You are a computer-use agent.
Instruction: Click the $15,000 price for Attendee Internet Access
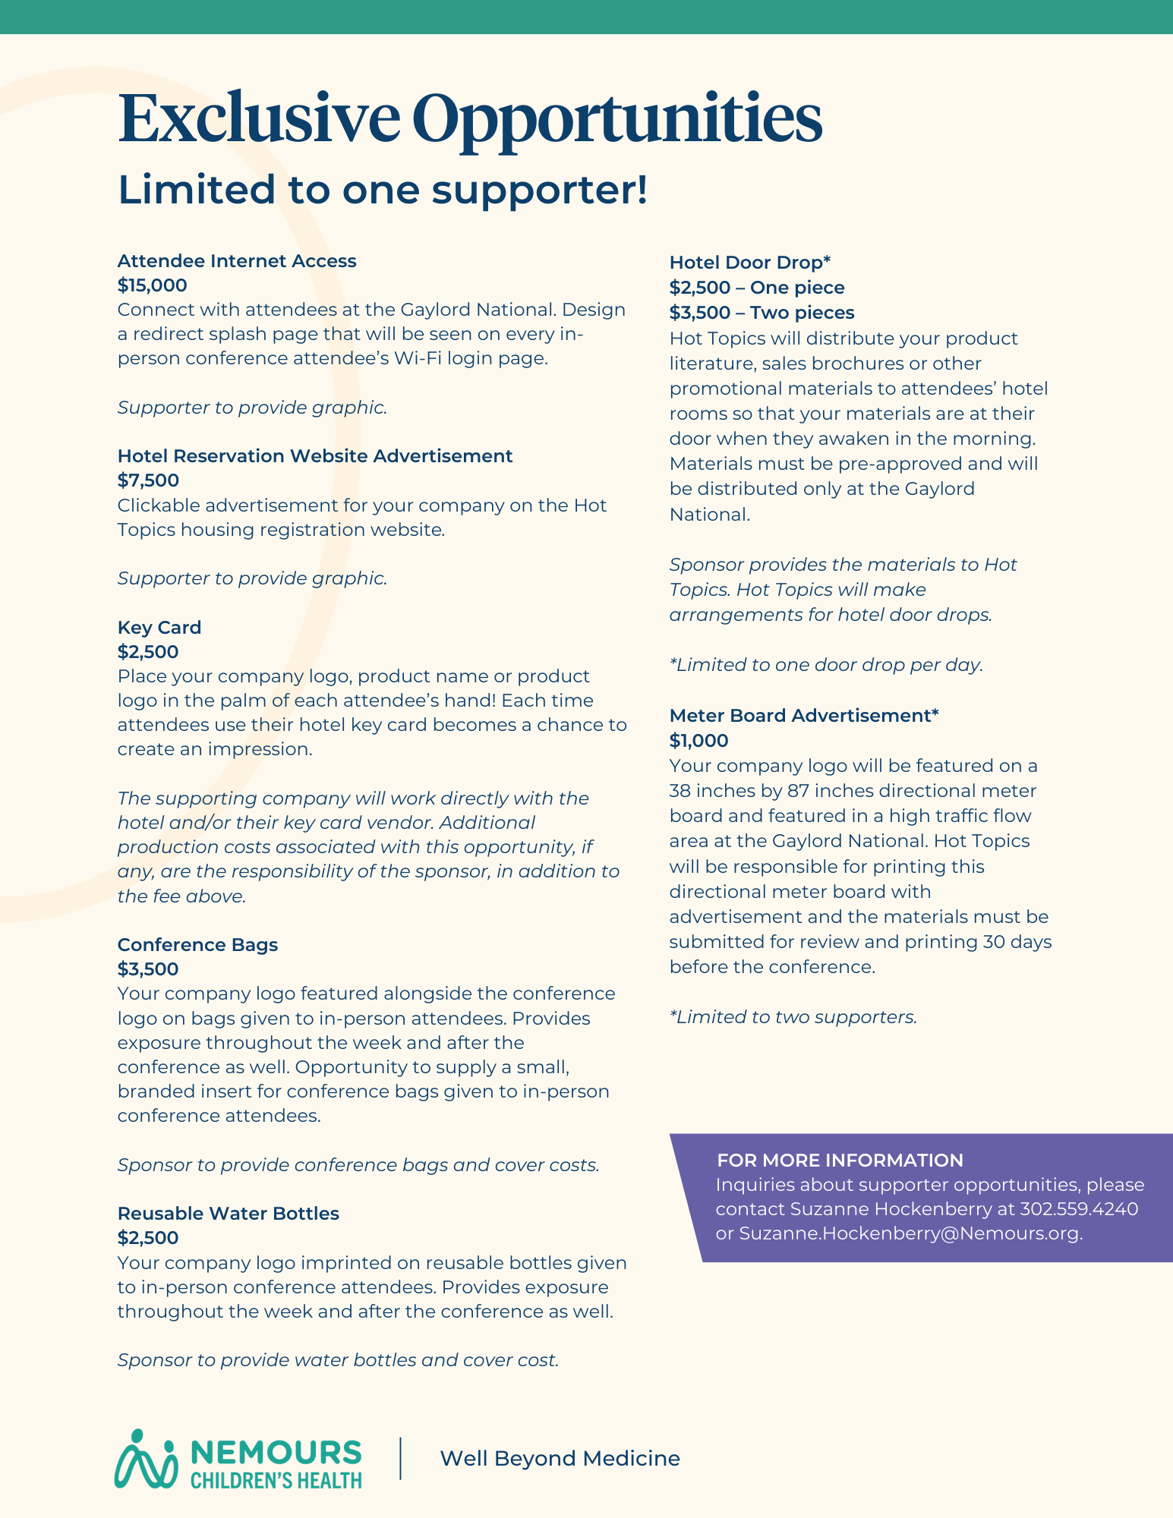tap(152, 285)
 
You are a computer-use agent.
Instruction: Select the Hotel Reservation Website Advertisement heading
tap(315, 456)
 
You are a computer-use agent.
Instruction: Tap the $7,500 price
tap(148, 480)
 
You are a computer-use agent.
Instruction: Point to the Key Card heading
tap(159, 628)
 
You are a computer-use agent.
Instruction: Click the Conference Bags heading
tap(197, 945)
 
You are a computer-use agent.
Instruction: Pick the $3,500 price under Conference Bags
tap(148, 969)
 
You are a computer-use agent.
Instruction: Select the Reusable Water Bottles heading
tap(228, 1214)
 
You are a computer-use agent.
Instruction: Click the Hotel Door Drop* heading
tap(750, 263)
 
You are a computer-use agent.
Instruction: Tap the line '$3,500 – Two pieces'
tap(762, 313)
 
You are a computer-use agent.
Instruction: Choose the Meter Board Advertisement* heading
tap(804, 716)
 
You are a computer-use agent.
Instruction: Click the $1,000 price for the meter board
tap(698, 741)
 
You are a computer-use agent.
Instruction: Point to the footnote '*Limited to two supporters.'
tap(793, 1017)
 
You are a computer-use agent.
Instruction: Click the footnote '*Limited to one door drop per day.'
tap(826, 665)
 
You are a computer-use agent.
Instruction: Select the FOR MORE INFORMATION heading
tap(840, 1161)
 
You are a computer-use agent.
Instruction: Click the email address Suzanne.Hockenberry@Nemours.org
tap(910, 1233)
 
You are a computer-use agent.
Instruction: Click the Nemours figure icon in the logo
tap(145, 1459)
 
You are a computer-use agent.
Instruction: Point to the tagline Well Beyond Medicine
tap(560, 1459)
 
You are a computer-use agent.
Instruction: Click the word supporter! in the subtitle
tap(540, 190)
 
